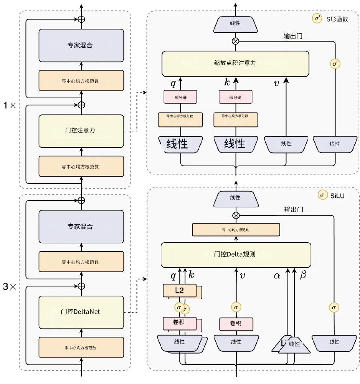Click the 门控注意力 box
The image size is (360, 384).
coord(81,131)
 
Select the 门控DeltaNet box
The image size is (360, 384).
coord(81,312)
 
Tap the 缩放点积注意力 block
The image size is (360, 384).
coord(235,63)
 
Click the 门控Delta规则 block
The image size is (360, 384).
coord(235,255)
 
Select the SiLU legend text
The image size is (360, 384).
coord(337,195)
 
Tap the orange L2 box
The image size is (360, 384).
coord(179,291)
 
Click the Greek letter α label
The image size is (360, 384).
coord(277,275)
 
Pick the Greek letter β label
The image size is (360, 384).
coord(303,275)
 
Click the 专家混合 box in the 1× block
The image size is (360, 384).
coord(81,45)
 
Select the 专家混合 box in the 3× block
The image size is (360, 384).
coord(81,227)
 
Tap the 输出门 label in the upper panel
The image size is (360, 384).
coord(294,36)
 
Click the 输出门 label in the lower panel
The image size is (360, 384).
coord(294,210)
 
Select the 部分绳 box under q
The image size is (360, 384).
coord(180,97)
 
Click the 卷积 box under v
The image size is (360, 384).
coord(236,324)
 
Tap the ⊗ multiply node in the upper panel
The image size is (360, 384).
coord(235,41)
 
